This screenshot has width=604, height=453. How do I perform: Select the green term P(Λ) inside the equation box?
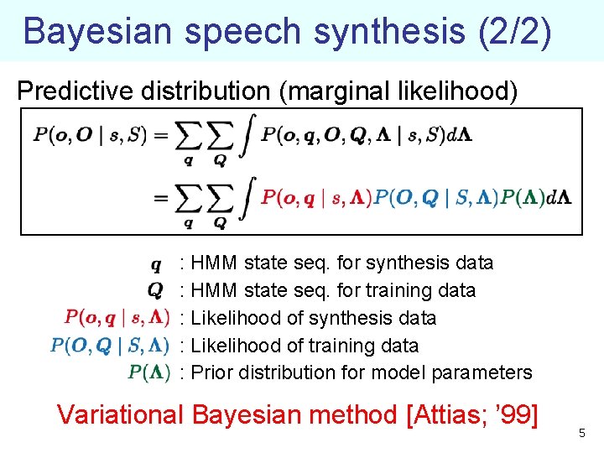pyautogui.click(x=523, y=198)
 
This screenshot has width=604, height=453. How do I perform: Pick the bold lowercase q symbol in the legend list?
pyautogui.click(x=157, y=264)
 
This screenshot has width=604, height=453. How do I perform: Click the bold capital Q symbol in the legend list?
pyautogui.click(x=156, y=290)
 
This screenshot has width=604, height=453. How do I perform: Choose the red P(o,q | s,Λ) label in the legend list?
pyautogui.click(x=117, y=318)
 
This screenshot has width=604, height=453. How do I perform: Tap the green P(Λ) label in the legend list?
pyautogui.click(x=149, y=372)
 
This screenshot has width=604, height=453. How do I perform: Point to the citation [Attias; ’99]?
pyautogui.click(x=471, y=414)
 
